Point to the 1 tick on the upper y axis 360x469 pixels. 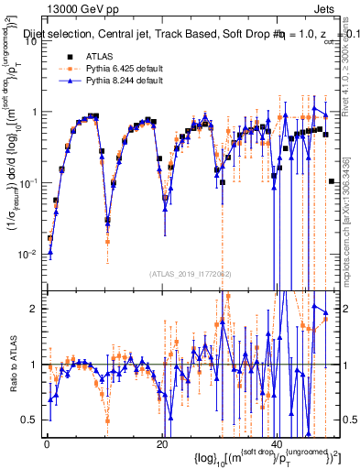(x=36, y=112)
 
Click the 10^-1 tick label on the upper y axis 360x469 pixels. (x=30, y=182)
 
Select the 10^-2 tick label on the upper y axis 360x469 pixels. (x=30, y=254)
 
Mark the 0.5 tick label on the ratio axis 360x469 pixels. (x=32, y=420)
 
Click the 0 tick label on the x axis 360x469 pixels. (x=47, y=443)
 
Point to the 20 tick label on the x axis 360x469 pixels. (x=161, y=443)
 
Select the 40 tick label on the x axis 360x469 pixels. (x=278, y=443)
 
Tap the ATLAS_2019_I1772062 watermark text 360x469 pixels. (x=191, y=273)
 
